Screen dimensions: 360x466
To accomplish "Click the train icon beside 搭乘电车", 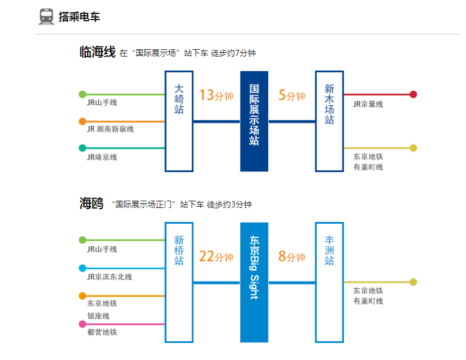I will coord(46,16).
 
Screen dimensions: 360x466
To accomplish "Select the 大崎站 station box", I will coord(179,121).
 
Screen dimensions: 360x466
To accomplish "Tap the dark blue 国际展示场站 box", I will coord(254,121).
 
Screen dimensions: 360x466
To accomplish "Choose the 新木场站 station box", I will coord(329,121).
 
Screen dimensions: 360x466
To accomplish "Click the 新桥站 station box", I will coord(179,282).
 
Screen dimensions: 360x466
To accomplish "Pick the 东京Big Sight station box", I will coord(254,282).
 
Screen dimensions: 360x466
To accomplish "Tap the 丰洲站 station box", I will coord(329,282).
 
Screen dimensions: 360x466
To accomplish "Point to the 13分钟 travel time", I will coord(216,95).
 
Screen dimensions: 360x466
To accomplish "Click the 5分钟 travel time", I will coord(291,95).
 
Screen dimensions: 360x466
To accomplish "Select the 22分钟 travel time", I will coord(216,257).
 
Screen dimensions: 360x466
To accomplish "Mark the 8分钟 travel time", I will coord(291,257).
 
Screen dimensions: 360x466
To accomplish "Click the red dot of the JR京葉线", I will coord(413,94).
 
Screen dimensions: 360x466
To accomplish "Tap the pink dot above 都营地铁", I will coord(83,324).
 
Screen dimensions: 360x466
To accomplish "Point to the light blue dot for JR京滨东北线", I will coord(83,268).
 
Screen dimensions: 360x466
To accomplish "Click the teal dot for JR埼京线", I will coord(83,148).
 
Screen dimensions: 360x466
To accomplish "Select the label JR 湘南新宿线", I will coord(110,129).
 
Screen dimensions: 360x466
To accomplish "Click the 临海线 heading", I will coord(97,52).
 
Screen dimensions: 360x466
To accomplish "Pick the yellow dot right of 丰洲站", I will coord(413,282).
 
